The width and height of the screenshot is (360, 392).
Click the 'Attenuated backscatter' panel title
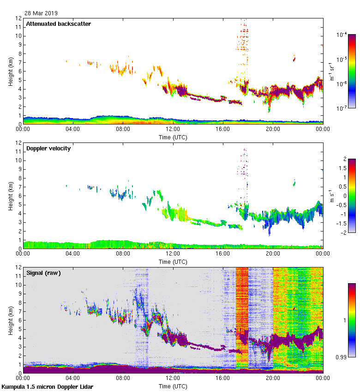pyautogui.click(x=58, y=24)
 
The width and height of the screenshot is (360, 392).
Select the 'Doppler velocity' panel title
pyautogui.click(x=48, y=148)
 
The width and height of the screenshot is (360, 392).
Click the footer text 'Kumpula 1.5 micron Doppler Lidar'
pyautogui.click(x=48, y=386)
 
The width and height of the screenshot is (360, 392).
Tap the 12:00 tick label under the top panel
pyautogui.click(x=173, y=130)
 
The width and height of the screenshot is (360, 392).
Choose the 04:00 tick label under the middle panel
pyautogui.click(x=73, y=254)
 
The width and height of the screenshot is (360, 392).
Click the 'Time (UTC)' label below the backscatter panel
pyautogui.click(x=173, y=137)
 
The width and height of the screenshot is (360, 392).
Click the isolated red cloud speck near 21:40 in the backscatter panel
pyautogui.click(x=294, y=58)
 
